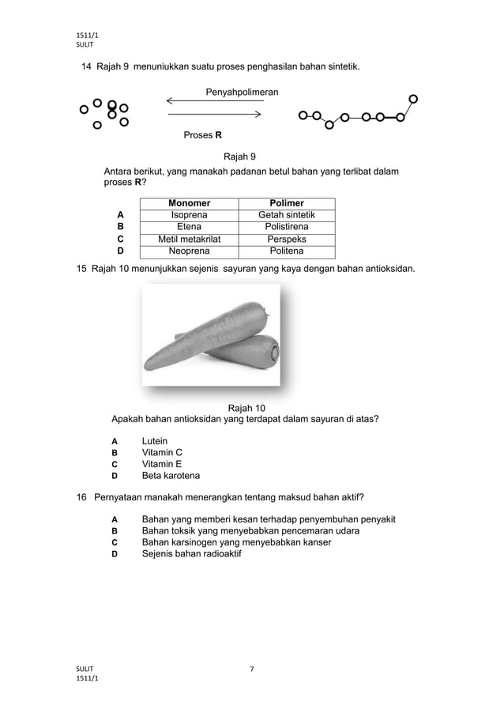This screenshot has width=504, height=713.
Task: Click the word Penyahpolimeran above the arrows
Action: coord(242,92)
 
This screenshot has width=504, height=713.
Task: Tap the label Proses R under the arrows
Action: coord(202,135)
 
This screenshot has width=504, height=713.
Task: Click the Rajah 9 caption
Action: coord(239,156)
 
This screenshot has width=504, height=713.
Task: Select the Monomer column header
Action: coord(189,203)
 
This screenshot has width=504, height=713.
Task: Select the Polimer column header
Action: coord(286,203)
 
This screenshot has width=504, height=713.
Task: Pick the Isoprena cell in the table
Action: coord(189,215)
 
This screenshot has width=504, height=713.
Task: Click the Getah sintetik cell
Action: coord(286,215)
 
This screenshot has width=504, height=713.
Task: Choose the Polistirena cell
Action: coord(286,227)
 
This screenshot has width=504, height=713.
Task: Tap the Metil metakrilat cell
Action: coord(189,239)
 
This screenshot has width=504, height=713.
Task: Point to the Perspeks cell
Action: coord(286,239)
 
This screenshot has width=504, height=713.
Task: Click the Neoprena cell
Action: coord(189,251)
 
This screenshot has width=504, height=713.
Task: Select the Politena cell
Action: coord(286,251)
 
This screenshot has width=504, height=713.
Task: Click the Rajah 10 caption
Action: coord(246,408)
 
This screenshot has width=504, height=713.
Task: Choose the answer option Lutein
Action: coord(154,441)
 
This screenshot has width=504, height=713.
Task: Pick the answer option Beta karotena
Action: coord(170,476)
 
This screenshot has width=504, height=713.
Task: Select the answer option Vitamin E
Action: coord(161,464)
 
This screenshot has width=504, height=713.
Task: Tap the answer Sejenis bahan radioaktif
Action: coord(191,554)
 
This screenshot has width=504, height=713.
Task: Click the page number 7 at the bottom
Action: coord(251,670)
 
